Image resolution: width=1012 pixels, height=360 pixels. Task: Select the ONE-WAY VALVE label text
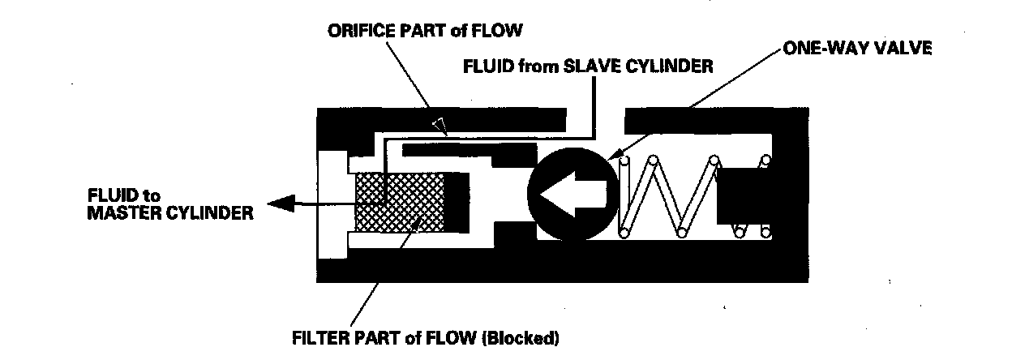[x=856, y=48]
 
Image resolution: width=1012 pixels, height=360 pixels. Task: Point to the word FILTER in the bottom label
[x=318, y=336]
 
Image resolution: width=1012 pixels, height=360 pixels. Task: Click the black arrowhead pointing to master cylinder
[x=282, y=207]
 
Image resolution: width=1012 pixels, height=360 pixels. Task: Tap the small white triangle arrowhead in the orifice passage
[x=439, y=125]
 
